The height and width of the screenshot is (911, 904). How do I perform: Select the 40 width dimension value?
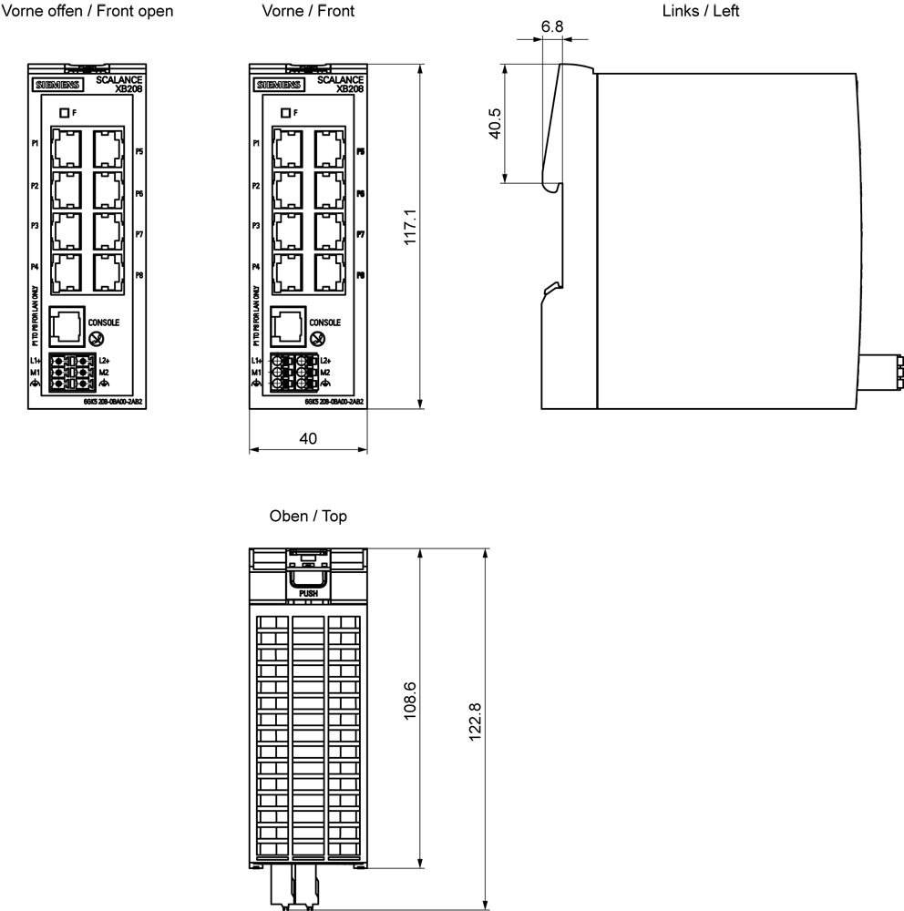pos(308,438)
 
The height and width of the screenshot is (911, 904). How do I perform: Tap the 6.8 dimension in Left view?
pos(551,27)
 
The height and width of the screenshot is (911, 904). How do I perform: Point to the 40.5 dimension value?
pos(495,123)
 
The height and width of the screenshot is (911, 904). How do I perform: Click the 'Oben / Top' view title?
pos(308,517)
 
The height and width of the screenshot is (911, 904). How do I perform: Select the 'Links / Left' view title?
pos(701,12)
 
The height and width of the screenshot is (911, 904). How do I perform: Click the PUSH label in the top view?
pos(308,593)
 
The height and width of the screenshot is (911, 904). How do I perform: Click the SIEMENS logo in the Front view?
pos(280,86)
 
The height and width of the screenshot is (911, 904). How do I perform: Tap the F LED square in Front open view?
pos(63,112)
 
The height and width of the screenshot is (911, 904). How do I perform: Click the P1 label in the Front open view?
pos(35,144)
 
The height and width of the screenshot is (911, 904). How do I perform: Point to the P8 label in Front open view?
pos(139,274)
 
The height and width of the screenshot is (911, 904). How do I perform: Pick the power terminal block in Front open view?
pos(69,372)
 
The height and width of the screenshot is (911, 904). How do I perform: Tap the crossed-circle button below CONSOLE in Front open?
pos(97,338)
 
